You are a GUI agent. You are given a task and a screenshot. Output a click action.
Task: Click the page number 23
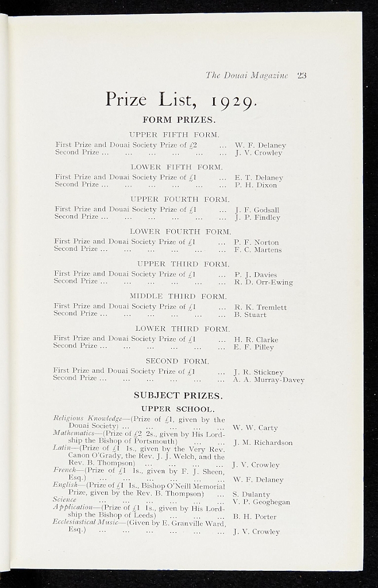click(x=302, y=75)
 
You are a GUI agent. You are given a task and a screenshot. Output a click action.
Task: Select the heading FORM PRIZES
click(x=178, y=121)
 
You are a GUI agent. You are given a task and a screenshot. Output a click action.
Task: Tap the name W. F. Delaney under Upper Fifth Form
click(x=260, y=146)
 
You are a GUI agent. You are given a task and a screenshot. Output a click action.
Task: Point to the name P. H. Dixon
click(x=256, y=185)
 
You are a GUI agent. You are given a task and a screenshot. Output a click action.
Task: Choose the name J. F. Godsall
click(x=257, y=210)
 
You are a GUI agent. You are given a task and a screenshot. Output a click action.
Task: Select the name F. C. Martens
click(x=257, y=250)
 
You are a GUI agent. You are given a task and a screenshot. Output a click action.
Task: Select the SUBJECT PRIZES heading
click(x=178, y=396)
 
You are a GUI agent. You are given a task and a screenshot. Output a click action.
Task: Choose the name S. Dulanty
click(x=251, y=494)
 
